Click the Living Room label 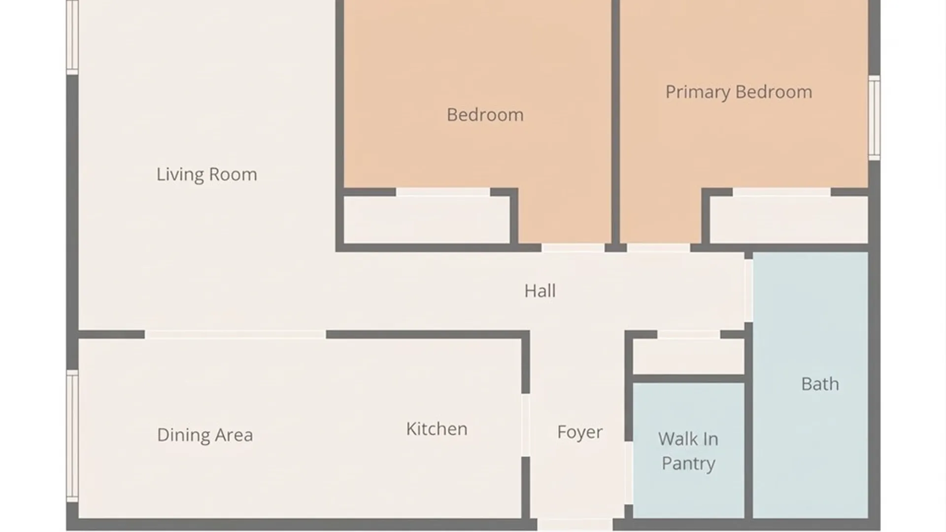(x=206, y=174)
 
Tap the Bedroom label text (x=485, y=115)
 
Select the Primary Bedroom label (x=739, y=92)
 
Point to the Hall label (x=540, y=291)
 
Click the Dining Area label (x=205, y=435)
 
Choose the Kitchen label (x=437, y=429)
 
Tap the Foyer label (x=580, y=432)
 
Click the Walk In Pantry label (x=688, y=451)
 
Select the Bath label (x=820, y=384)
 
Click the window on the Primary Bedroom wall (x=874, y=118)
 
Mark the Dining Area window (x=72, y=436)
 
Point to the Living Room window (x=72, y=37)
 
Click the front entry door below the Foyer (x=575, y=524)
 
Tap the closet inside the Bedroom (x=427, y=220)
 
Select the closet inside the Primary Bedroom (x=788, y=220)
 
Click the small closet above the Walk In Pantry (x=688, y=356)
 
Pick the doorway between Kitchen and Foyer (x=526, y=425)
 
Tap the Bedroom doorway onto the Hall (x=573, y=248)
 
